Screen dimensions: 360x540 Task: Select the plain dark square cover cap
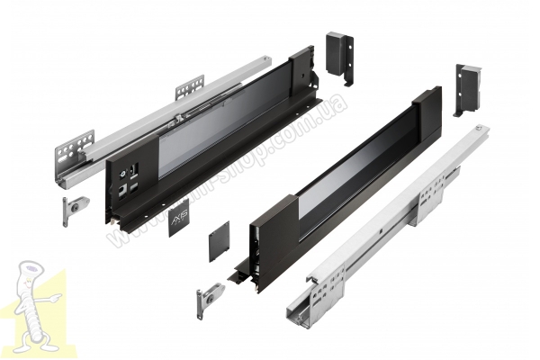pyautogui.click(x=220, y=241)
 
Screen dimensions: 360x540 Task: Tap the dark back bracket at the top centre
pyautogui.click(x=338, y=56)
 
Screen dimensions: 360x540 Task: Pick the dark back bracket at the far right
pyautogui.click(x=468, y=88)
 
